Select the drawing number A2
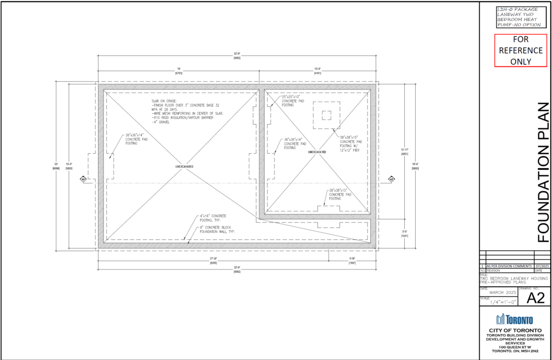531,297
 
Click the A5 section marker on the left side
84,179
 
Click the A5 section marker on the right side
391,179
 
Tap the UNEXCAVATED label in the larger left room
184,167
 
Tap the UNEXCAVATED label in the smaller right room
317,152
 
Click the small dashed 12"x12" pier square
326,114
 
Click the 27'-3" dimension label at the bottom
213,260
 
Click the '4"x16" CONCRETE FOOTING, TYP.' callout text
209,218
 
